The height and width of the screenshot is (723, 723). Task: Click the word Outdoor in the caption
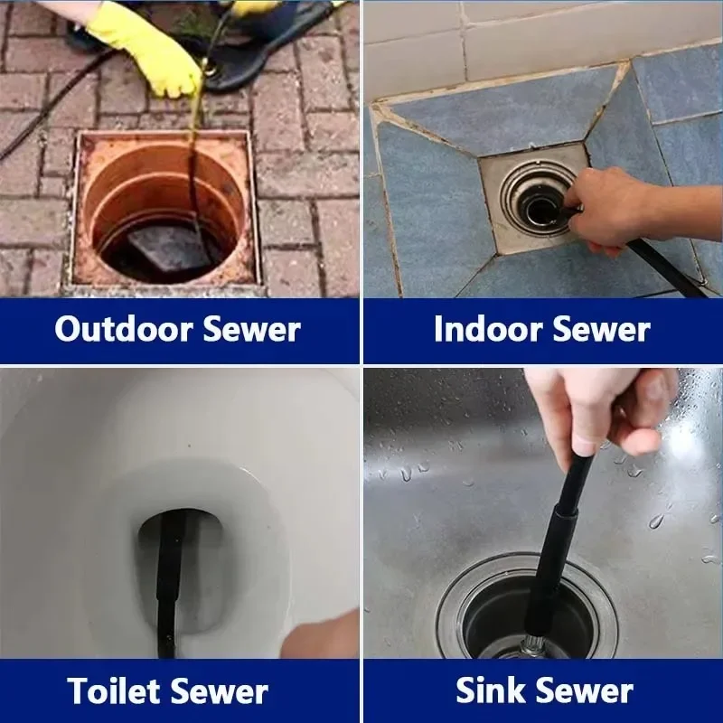[123, 329]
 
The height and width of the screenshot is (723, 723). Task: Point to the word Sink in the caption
[489, 690]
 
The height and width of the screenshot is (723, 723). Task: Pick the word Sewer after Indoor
[601, 330]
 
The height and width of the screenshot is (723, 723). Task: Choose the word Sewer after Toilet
[219, 691]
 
